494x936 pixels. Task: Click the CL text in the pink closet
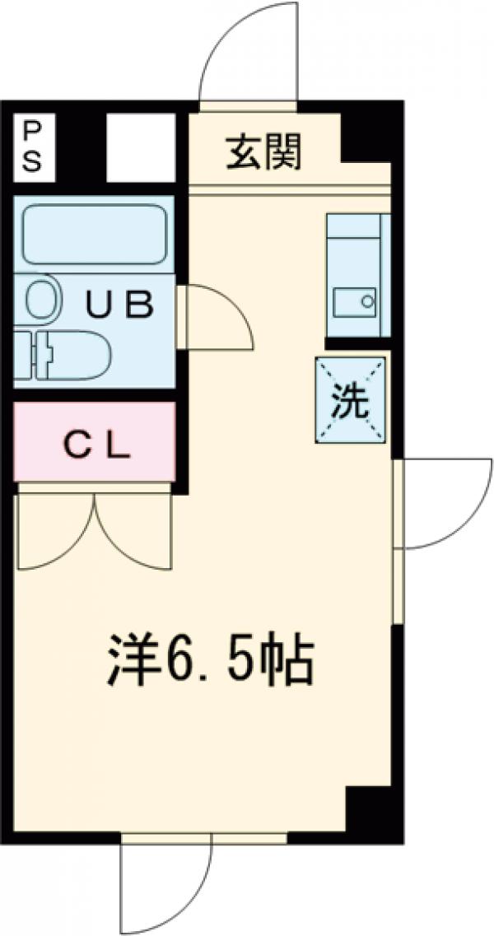tap(97, 445)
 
